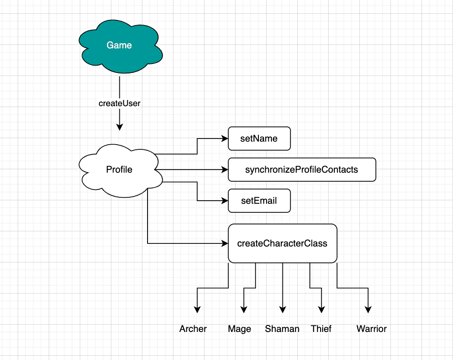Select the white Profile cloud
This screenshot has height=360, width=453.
tap(120, 170)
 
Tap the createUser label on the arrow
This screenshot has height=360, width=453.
tap(120, 104)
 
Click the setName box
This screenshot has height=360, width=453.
tap(259, 139)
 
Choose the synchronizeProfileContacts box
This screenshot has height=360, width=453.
tap(302, 170)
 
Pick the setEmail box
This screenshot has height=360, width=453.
tap(259, 201)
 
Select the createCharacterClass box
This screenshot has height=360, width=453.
tap(282, 243)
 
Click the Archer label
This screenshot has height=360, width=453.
tap(193, 329)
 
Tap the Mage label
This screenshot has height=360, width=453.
tap(239, 329)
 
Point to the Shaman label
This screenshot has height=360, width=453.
tap(282, 329)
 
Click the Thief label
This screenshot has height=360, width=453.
tap(321, 329)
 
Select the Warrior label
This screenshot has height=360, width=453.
tap(371, 329)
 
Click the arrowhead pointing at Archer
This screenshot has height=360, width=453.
tap(197, 309)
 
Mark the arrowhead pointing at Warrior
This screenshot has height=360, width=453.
tap(368, 309)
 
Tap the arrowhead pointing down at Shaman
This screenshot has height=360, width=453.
tap(283, 309)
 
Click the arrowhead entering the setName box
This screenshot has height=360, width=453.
tap(224, 139)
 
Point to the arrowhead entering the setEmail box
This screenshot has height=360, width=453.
tap(224, 201)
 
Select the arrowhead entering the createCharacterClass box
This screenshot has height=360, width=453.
tap(224, 243)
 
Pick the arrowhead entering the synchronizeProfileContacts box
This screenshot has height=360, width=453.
tap(224, 170)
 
